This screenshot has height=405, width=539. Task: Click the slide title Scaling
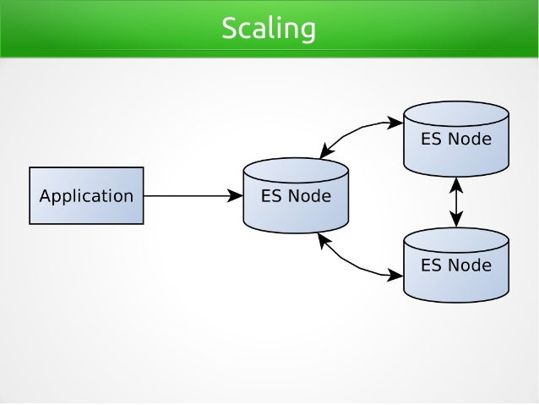coord(269,29)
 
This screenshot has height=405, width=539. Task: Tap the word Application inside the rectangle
coord(86,196)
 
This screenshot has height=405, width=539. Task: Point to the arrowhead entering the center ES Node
coord(237,196)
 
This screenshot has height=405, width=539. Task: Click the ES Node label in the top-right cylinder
coord(456,139)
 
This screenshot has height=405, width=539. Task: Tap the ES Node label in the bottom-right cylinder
coord(456,265)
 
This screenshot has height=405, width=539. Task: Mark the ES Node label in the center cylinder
coord(296,197)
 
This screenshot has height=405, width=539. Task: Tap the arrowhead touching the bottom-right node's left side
coord(396,274)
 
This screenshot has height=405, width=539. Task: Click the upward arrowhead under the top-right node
coord(457,183)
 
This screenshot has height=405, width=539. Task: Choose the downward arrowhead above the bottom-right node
coord(457,222)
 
